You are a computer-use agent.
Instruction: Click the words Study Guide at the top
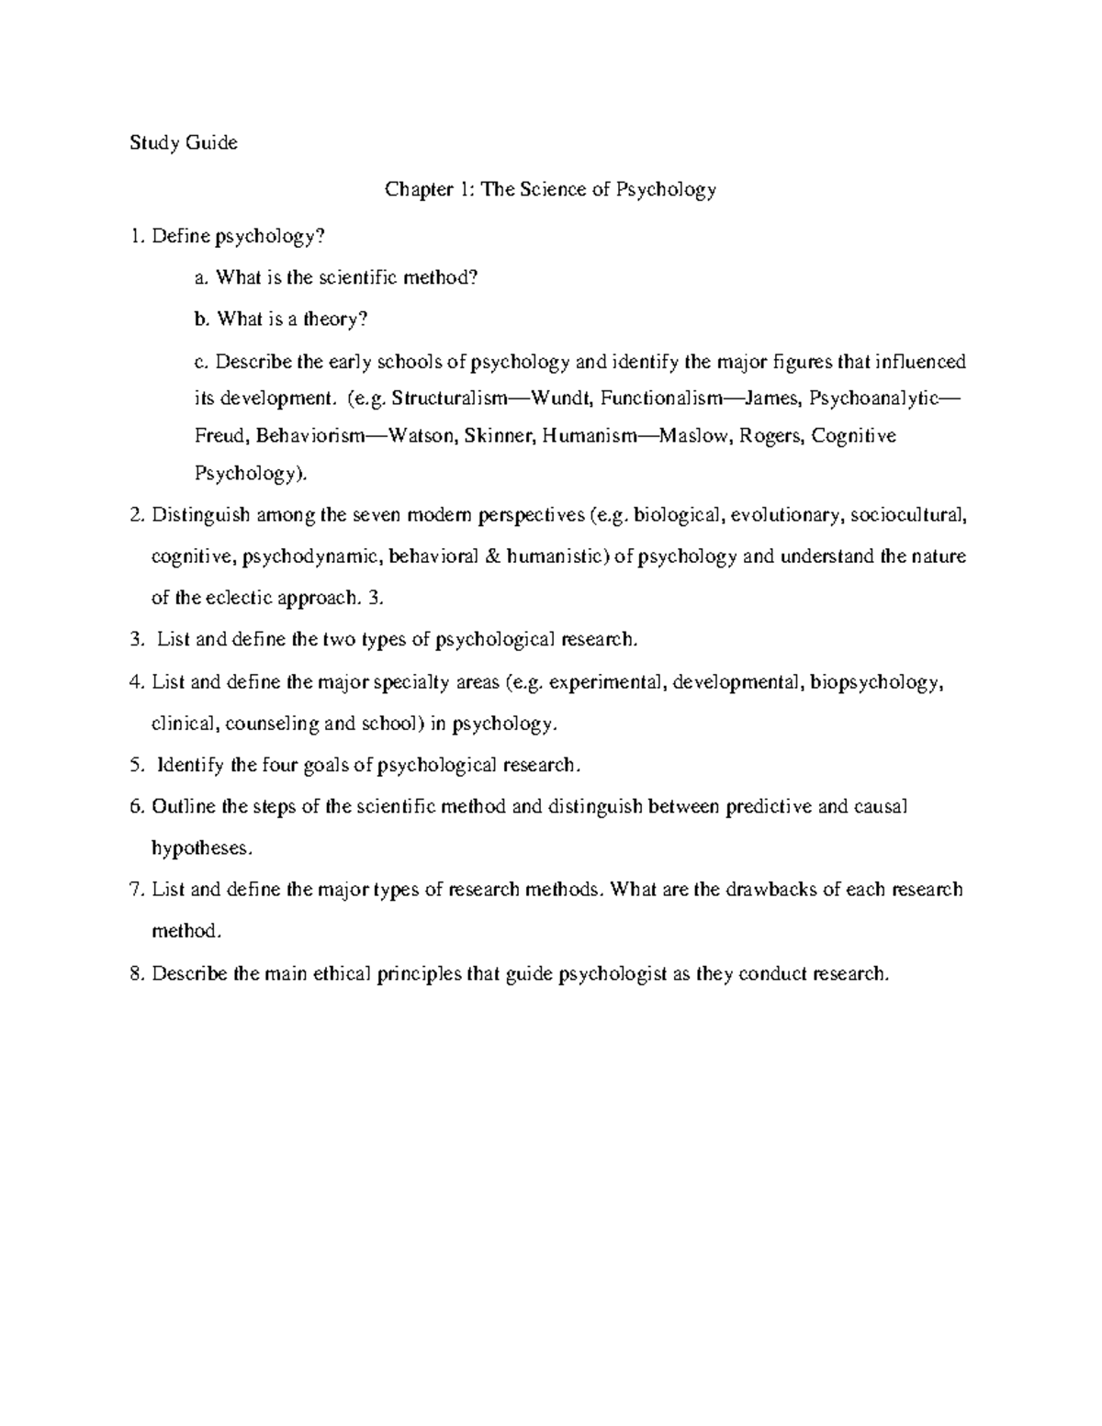click(184, 142)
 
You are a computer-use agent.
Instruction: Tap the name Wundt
click(557, 399)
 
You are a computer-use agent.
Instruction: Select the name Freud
click(219, 435)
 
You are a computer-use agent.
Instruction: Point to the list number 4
click(136, 681)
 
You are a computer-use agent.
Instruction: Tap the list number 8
click(136, 973)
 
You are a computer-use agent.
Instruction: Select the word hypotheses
click(199, 848)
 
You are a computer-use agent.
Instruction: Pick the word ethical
click(342, 973)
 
